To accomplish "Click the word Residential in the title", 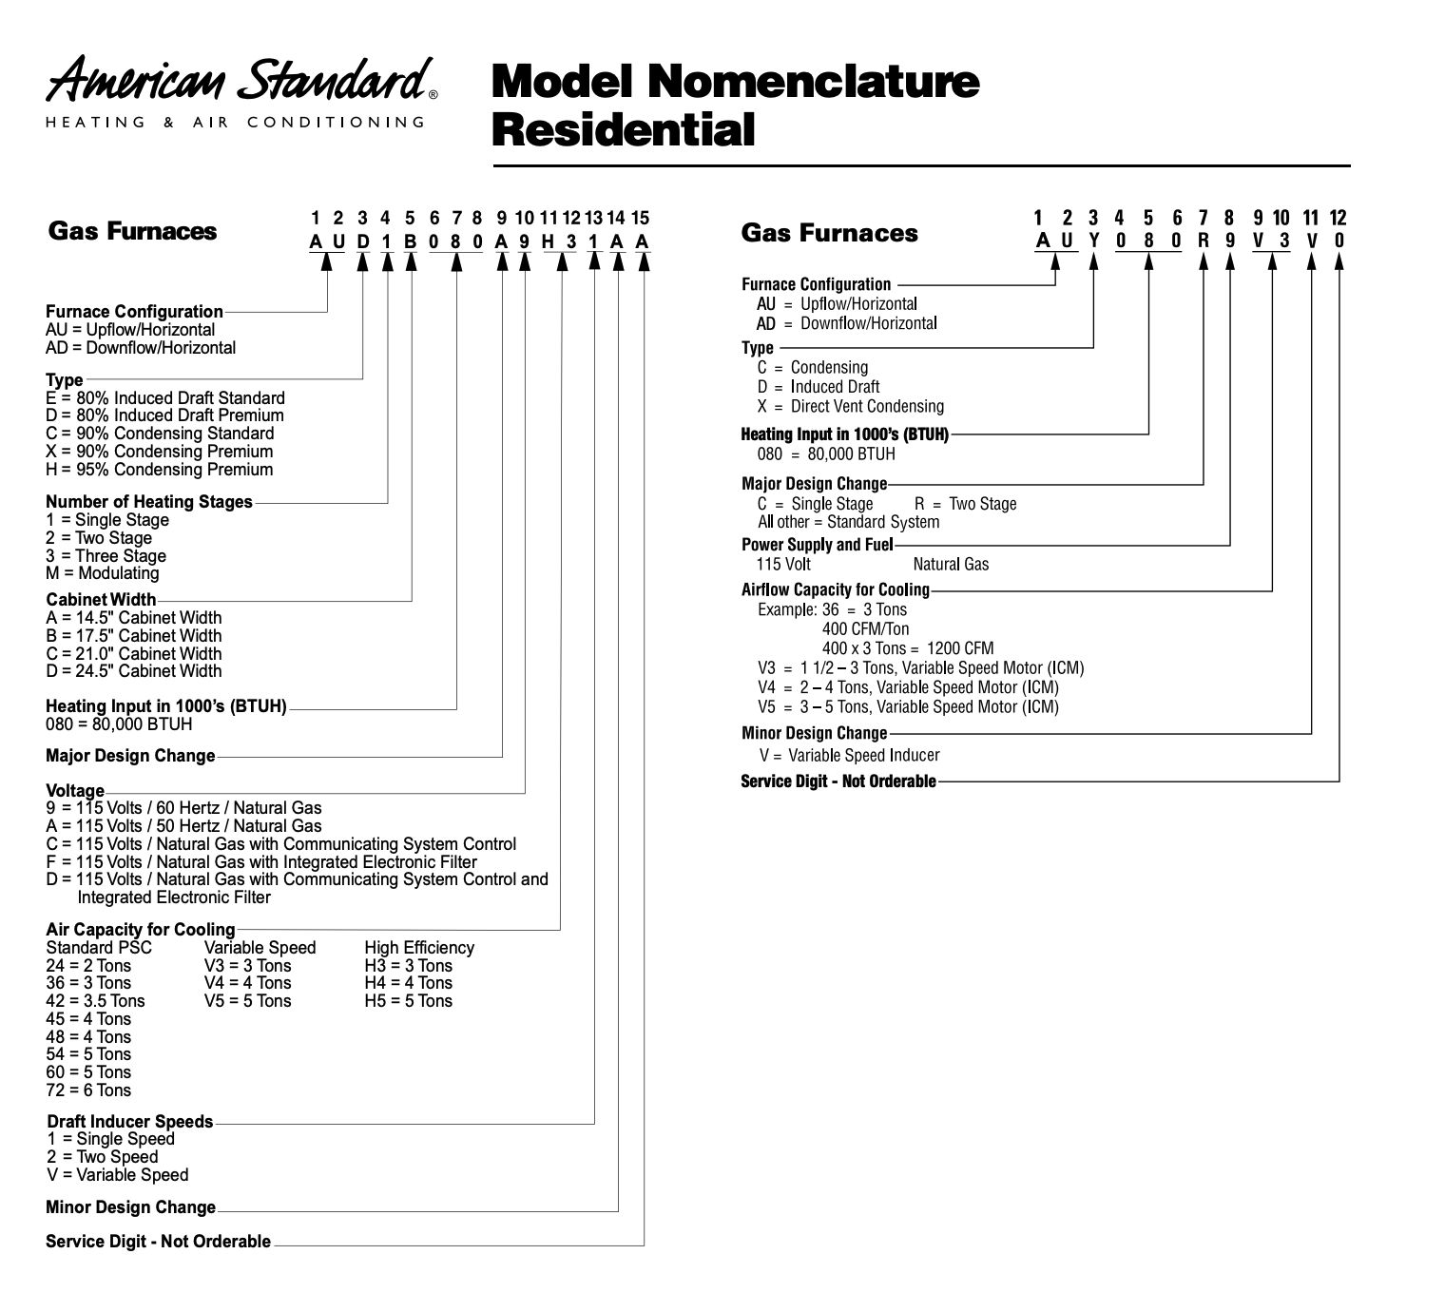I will click(x=623, y=130).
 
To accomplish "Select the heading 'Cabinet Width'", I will click(x=101, y=600).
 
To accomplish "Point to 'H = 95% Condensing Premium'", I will click(x=159, y=470).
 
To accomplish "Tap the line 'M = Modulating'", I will click(x=102, y=573).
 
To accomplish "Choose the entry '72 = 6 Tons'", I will click(x=88, y=1090).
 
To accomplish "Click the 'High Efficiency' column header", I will click(x=418, y=948).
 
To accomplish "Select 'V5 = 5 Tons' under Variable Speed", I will click(x=247, y=1001).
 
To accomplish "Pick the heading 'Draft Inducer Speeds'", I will click(x=129, y=1122).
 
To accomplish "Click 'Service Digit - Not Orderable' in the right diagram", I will click(x=838, y=781).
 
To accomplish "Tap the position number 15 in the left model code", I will click(x=640, y=219).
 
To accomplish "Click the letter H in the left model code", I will click(x=548, y=241).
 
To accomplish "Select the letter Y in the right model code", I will click(x=1093, y=241).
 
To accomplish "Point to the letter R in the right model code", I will click(x=1204, y=241).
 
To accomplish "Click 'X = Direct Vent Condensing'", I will click(x=851, y=407).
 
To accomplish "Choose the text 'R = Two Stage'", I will click(x=965, y=504).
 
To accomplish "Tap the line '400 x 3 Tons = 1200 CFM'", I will click(x=907, y=648).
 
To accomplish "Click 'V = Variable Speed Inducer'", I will click(x=849, y=756).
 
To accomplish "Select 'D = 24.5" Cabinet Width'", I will click(x=133, y=671).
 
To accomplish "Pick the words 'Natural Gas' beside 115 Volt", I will click(x=951, y=565).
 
